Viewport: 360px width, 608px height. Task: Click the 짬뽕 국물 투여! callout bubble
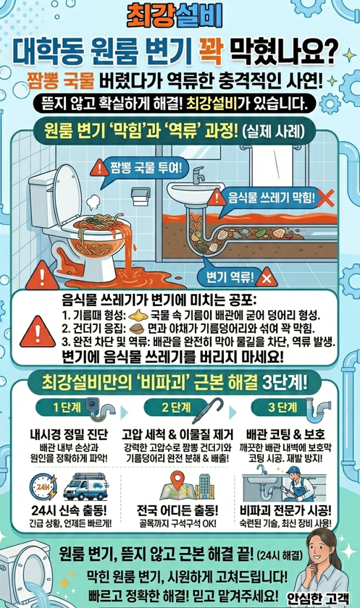pos(139,168)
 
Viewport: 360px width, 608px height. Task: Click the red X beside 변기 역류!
pos(267,276)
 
